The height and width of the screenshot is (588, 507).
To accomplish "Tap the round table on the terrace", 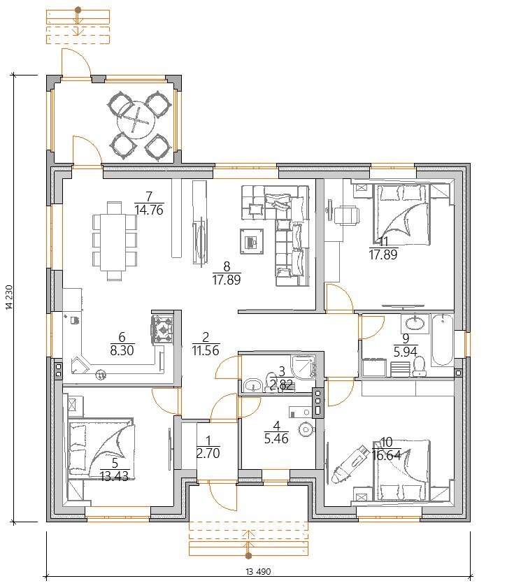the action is click(136, 120).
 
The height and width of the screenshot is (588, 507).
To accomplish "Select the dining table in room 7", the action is click(114, 241).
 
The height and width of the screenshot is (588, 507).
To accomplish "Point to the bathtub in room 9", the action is click(443, 340).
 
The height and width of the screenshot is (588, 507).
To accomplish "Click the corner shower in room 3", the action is click(304, 366).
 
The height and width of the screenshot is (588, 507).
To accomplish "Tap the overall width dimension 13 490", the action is click(258, 572).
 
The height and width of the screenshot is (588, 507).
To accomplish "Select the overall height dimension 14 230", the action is click(9, 298).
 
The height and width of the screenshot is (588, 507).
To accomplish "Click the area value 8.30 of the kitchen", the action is click(122, 350).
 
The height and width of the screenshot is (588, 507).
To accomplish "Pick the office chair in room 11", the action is click(345, 215).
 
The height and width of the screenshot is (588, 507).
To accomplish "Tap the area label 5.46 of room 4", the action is click(276, 439).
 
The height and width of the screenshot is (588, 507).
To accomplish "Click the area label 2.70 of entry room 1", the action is click(208, 453).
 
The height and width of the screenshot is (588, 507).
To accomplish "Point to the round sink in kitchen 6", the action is click(101, 374).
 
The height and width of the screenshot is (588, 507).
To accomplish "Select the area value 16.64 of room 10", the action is click(387, 455).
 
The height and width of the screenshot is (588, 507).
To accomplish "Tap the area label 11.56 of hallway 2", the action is click(206, 350).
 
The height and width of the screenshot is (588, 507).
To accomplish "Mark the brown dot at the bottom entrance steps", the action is click(248, 556).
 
